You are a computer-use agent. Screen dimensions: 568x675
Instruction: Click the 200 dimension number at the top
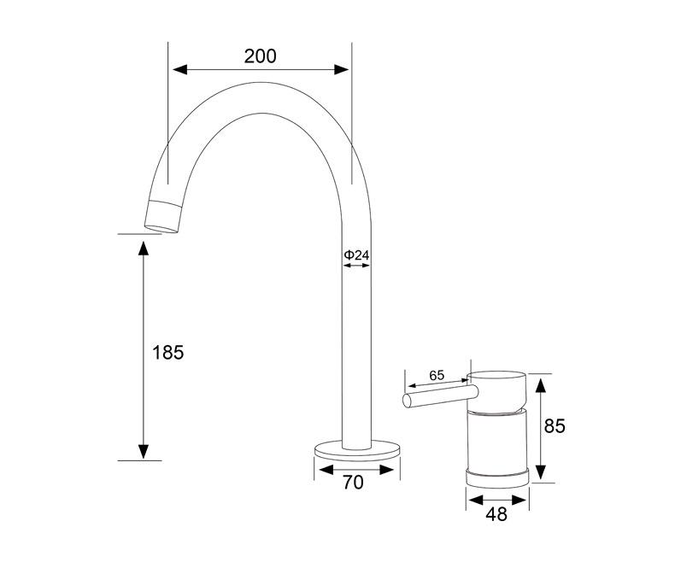(x=260, y=56)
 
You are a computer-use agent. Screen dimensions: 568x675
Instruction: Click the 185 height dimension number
(x=167, y=352)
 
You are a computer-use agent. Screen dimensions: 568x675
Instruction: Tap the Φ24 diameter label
(x=356, y=255)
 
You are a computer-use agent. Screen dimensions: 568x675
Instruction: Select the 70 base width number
(x=353, y=483)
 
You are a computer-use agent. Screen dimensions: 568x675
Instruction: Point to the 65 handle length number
(x=437, y=375)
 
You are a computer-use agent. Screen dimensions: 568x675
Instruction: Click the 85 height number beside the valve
(x=555, y=426)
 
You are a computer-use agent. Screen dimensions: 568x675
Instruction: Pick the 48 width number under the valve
(x=496, y=514)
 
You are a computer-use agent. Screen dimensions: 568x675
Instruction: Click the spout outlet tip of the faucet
(x=164, y=215)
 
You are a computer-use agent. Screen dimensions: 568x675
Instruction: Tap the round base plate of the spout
(x=356, y=448)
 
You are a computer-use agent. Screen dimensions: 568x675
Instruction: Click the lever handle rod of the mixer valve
(x=440, y=395)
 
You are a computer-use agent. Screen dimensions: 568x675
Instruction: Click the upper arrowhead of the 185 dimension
(x=144, y=247)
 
